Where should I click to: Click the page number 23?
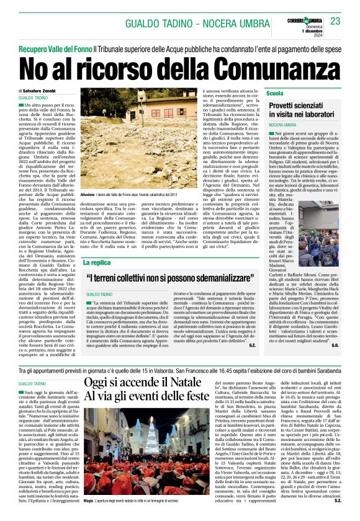pos(336,22)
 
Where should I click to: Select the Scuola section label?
pos(274,93)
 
